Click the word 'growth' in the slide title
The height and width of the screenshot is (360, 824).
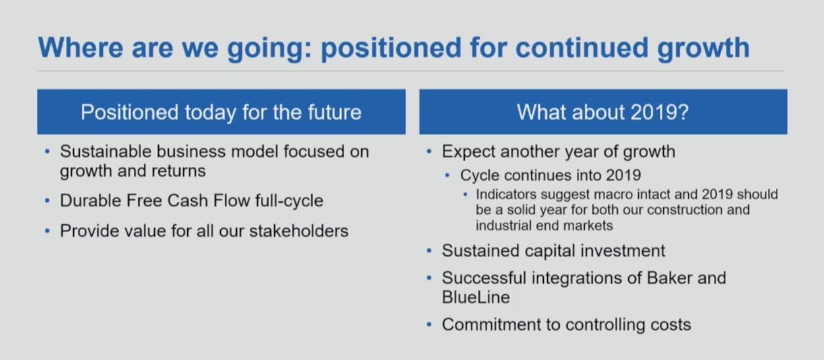click(703, 49)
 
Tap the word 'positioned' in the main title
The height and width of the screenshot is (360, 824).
click(392, 49)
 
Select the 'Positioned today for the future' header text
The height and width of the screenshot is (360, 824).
click(221, 112)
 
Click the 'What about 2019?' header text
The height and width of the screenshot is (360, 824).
click(603, 112)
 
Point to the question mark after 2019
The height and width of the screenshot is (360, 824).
click(683, 112)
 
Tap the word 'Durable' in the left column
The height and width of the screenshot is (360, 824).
click(90, 200)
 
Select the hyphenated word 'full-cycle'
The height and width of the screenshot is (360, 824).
click(289, 201)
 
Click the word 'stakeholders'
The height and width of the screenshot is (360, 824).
click(299, 231)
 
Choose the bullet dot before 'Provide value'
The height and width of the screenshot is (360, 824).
click(47, 231)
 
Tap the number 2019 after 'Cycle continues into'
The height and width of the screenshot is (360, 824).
click(624, 175)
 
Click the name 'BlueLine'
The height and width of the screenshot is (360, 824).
click(476, 297)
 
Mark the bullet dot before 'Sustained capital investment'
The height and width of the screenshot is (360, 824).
click(429, 251)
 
